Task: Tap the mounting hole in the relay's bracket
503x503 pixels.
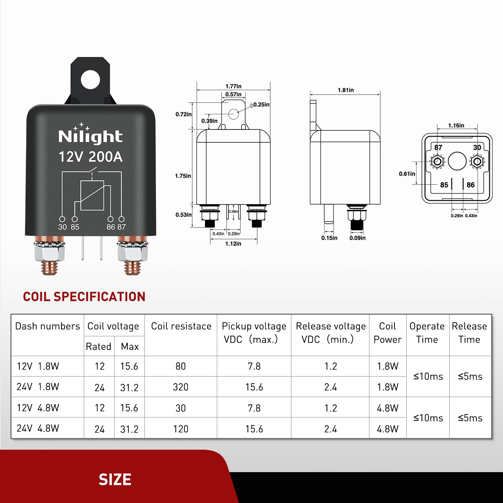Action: (x=91, y=79)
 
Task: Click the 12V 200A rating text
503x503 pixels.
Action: (x=91, y=157)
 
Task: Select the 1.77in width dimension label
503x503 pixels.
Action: (x=233, y=86)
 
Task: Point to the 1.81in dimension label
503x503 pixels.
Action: (x=345, y=90)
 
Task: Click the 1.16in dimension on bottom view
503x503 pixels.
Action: (x=456, y=125)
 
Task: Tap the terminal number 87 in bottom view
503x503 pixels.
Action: (x=438, y=148)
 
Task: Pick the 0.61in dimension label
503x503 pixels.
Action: (x=407, y=174)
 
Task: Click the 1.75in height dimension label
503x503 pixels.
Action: (x=183, y=176)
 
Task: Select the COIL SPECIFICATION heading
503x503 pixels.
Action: (x=84, y=297)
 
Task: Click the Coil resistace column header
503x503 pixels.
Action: (x=181, y=326)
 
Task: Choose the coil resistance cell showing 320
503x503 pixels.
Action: (x=180, y=387)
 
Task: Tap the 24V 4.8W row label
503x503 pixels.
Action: (x=38, y=429)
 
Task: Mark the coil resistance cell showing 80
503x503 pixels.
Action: (x=180, y=366)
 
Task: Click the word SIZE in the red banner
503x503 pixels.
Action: (x=115, y=480)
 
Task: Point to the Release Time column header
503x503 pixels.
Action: (x=469, y=333)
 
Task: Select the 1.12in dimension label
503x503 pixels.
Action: (x=233, y=244)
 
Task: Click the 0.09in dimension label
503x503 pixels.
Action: (x=357, y=238)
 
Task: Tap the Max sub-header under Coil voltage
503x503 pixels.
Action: (x=130, y=346)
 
